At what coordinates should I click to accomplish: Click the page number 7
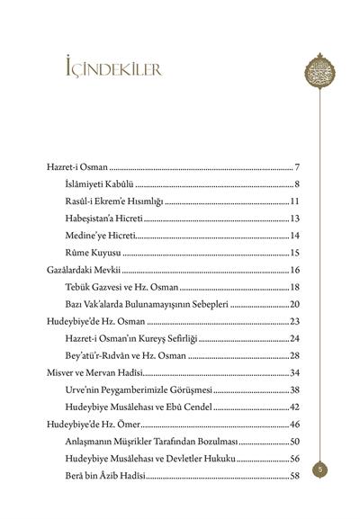(x=296, y=168)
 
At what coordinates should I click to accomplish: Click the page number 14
(x=293, y=236)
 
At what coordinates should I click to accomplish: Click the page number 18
(x=293, y=287)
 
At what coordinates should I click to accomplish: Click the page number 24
(x=293, y=337)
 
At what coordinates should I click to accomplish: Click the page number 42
(x=293, y=406)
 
